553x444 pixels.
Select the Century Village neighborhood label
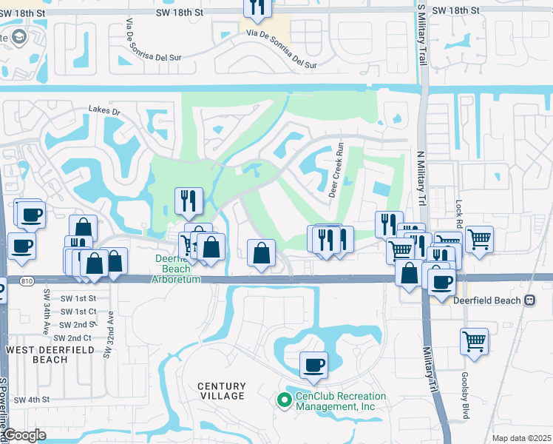(x=221, y=391)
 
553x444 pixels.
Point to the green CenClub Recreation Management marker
(x=283, y=400)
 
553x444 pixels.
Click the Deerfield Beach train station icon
(x=529, y=301)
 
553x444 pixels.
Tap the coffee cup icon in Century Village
(x=313, y=364)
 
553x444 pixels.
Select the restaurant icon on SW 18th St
(x=257, y=7)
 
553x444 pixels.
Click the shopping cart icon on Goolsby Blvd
(x=474, y=341)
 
